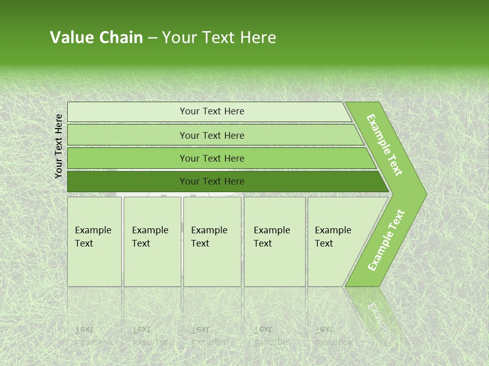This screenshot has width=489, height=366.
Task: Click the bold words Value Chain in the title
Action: pos(96,38)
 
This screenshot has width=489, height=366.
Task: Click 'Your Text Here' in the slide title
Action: pos(219,38)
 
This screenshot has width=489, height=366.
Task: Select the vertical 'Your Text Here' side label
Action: pos(59,146)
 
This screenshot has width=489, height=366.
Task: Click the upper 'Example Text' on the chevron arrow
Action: pos(385,145)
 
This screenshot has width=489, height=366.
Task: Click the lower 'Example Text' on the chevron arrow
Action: pos(386,240)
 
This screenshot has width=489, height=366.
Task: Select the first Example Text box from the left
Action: pos(94,241)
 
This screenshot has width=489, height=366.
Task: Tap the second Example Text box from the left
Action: pos(152,241)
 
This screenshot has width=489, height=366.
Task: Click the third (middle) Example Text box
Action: pos(212,241)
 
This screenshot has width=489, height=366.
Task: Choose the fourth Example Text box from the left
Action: pos(274,241)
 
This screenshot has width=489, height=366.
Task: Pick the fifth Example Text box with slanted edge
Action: pos(336,241)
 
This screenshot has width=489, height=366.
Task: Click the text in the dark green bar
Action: pos(212,181)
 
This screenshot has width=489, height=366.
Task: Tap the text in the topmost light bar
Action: pos(212,111)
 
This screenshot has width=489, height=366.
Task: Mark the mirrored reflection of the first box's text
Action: pos(93,335)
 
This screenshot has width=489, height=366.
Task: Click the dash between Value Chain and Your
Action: pos(152,38)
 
